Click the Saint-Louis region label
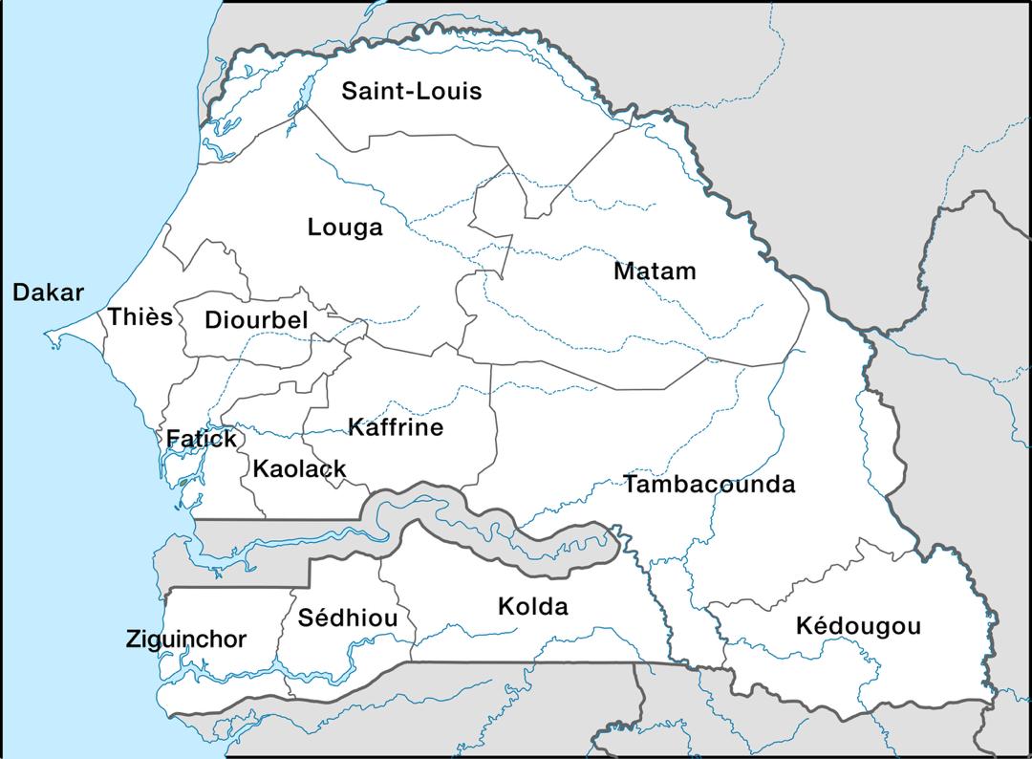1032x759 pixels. pos(412,92)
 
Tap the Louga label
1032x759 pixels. pos(345,228)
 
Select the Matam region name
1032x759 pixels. pos(655,271)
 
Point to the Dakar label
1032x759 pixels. pos(49,293)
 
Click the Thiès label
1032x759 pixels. pos(140,317)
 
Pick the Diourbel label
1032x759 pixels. pos(256,320)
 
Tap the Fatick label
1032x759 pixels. pos(202,440)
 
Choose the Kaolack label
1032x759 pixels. pos(299,469)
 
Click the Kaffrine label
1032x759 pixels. pos(396,427)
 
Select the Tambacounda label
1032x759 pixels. pos(709,485)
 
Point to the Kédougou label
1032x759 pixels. pos(858,627)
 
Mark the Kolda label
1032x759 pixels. pos(532,606)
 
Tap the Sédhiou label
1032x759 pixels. pos(347,618)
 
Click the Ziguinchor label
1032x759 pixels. pos(186,640)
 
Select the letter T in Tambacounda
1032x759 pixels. pos(632,485)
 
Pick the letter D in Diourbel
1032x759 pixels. pos(213,320)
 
